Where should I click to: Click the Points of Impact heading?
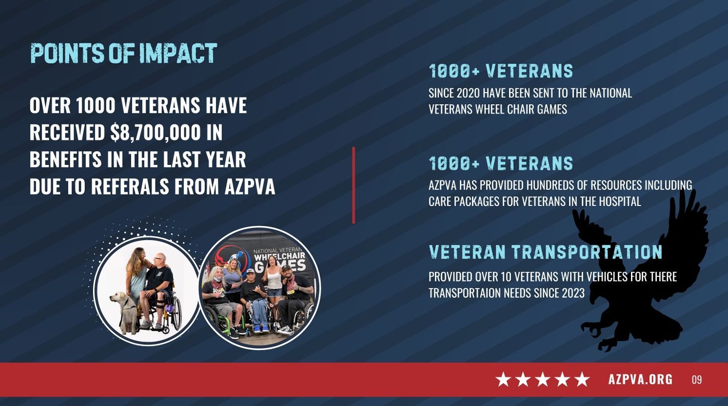tap(123, 53)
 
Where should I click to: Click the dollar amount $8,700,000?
tap(155, 132)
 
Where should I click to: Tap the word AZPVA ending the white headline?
tap(249, 187)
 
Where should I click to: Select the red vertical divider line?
tap(354, 185)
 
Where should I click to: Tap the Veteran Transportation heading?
tap(545, 252)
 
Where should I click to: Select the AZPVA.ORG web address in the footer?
tap(640, 380)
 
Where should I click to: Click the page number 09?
tap(697, 380)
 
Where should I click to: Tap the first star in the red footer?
tap(503, 380)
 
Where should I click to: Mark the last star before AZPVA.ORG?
tap(582, 380)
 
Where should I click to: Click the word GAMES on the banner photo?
tap(280, 266)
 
